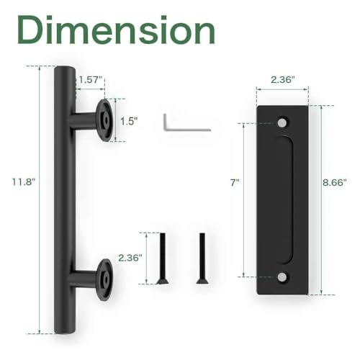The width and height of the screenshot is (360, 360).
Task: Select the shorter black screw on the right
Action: click(x=200, y=258)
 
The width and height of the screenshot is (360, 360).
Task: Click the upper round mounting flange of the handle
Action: click(x=105, y=120)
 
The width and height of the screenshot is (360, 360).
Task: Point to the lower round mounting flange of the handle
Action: click(x=105, y=278)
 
